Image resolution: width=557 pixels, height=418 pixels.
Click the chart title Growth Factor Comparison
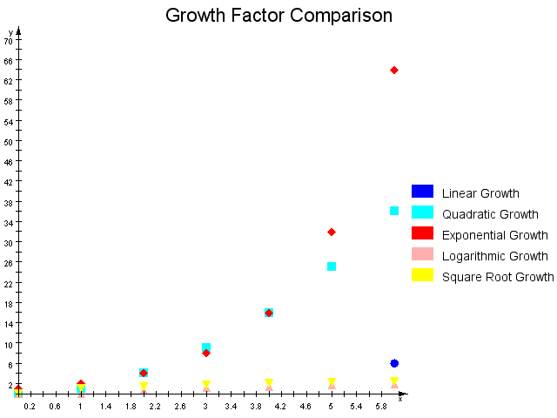click(278, 16)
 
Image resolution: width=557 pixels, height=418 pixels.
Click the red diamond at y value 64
click(394, 70)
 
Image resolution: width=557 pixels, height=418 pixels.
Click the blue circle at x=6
click(394, 363)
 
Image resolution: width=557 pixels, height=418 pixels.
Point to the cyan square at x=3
click(206, 347)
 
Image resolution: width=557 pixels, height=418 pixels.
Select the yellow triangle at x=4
click(269, 382)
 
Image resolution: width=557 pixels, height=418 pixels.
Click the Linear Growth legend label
click(480, 193)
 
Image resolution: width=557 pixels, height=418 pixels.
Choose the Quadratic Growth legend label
click(490, 214)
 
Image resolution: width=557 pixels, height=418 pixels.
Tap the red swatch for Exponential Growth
click(422, 233)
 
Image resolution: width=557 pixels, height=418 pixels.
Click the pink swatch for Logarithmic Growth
click(422, 254)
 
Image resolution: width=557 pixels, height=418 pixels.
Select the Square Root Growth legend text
click(498, 277)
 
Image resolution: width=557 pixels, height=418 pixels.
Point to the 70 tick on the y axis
click(9, 41)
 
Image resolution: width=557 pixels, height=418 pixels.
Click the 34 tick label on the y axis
click(9, 223)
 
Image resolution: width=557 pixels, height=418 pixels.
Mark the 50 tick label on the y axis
click(9, 142)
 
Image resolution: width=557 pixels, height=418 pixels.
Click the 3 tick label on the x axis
click(206, 406)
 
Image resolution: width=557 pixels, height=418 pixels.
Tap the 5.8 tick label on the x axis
click(381, 406)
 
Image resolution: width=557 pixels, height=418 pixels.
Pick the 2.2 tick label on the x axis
click(156, 406)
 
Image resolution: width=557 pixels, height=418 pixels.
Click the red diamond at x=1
click(81, 384)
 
